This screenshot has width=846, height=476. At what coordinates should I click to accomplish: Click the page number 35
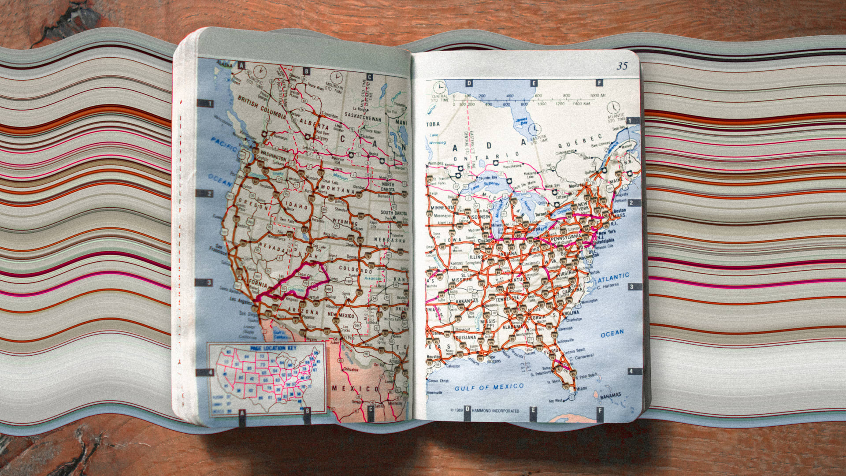coord(622,66)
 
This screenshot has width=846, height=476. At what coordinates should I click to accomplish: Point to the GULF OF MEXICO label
coord(489,387)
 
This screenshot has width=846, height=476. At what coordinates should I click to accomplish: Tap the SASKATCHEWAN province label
coord(363,119)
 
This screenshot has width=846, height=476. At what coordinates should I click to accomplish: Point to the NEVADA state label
coord(273,247)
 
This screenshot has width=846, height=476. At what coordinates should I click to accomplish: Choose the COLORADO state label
coord(356,269)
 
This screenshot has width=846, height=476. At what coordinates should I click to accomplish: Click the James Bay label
coord(522,120)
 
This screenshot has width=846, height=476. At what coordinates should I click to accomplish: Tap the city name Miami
coord(582,388)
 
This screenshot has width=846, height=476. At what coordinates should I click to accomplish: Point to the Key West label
coord(555,401)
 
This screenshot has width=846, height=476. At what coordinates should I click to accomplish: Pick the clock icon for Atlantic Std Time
coord(613,107)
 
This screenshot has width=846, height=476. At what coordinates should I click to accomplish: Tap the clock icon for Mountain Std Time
coord(337,76)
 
